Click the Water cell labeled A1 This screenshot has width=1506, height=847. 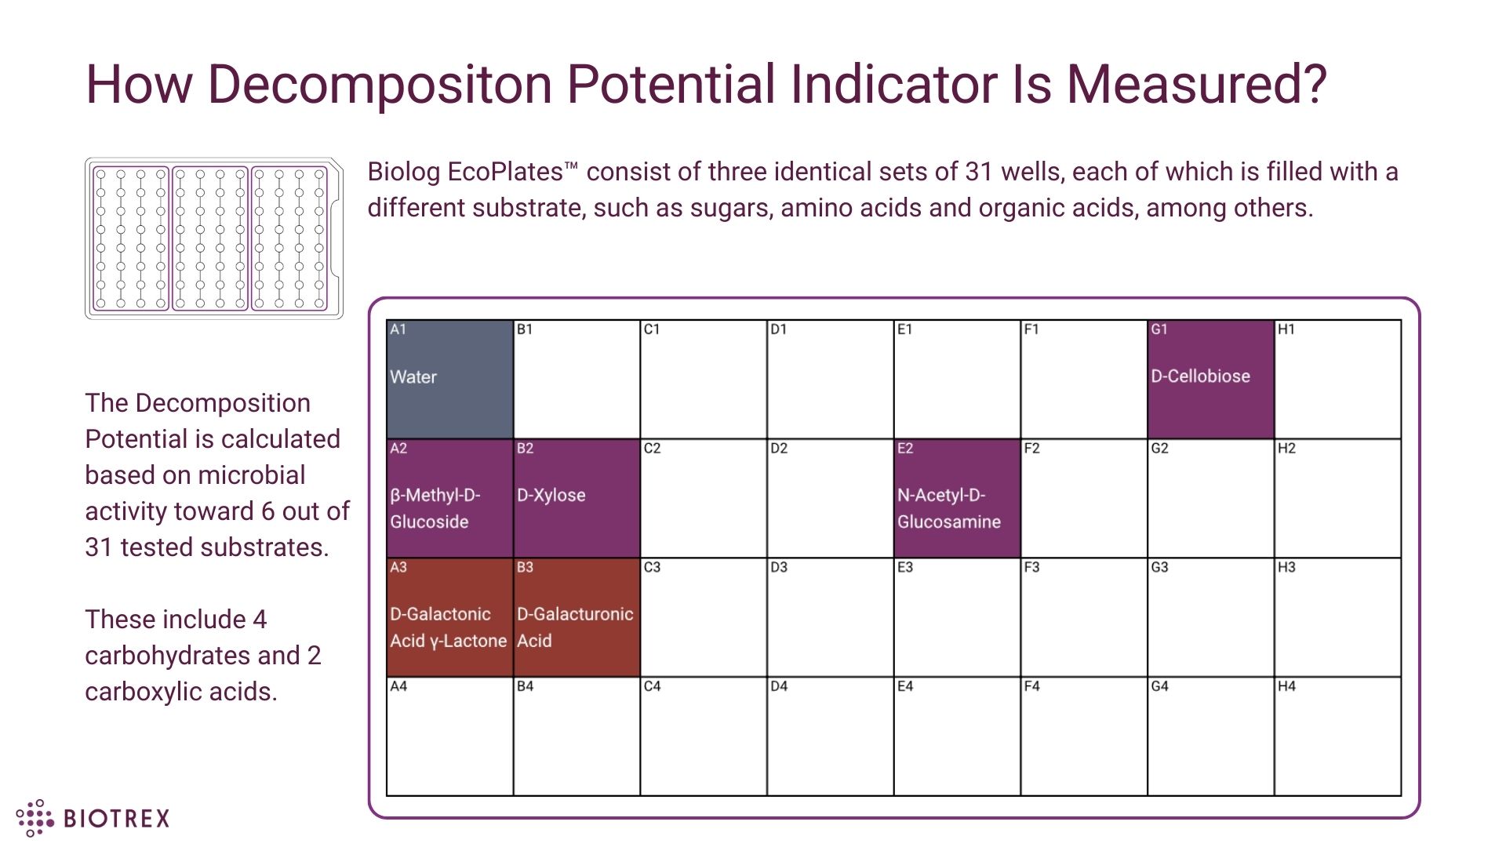(449, 380)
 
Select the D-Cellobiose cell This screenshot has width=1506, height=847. (1210, 380)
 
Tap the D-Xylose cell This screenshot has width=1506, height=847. (577, 498)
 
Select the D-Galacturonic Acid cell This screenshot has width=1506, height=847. (577, 618)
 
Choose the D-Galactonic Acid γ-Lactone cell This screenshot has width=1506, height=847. (449, 618)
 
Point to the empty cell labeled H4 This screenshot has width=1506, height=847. (1337, 737)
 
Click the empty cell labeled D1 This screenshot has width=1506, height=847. (830, 380)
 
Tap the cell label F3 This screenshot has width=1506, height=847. (1031, 567)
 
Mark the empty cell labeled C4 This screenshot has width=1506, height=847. (703, 737)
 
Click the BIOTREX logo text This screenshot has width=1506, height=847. (116, 819)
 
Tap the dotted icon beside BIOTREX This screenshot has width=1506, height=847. (35, 818)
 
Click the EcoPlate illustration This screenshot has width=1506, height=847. (213, 238)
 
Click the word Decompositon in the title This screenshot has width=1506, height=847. (380, 84)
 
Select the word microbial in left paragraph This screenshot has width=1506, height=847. (250, 475)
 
